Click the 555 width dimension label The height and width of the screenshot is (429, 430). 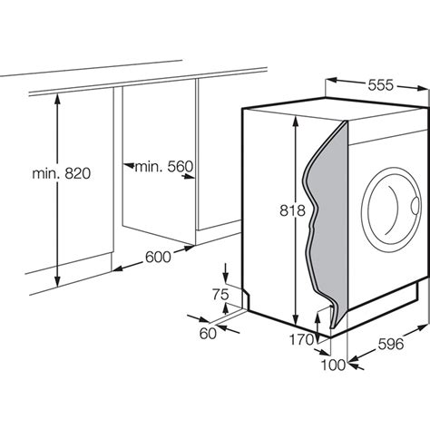coord(381,85)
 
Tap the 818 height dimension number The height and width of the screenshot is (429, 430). coord(292,210)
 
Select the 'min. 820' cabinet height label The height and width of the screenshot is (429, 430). coord(62,173)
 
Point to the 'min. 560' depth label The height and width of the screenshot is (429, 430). coord(163,166)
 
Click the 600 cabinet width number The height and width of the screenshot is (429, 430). coord(158,257)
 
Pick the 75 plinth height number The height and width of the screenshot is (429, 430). coord(220,294)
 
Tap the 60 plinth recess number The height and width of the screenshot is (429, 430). coord(208,333)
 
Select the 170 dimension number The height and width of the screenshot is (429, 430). coord(302,339)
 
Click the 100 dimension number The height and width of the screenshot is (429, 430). coord(333,365)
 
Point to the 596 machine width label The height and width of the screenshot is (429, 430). coord(391,344)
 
